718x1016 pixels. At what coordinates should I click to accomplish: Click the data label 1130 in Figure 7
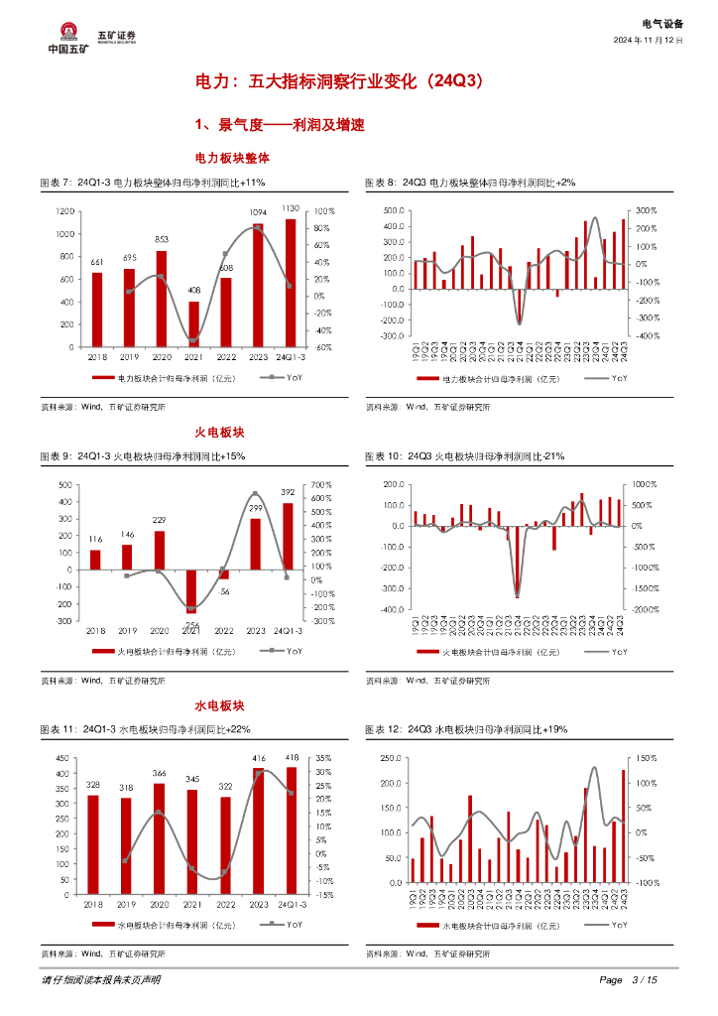point(291,208)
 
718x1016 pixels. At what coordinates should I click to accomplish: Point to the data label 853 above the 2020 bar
point(162,239)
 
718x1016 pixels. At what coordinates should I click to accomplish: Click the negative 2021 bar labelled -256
point(193,589)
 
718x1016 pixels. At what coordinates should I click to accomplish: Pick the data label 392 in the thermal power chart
point(288,492)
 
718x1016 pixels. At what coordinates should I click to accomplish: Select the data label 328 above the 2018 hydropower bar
point(93,784)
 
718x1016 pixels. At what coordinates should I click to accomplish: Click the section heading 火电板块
point(219,432)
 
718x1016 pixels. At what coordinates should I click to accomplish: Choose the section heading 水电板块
point(219,705)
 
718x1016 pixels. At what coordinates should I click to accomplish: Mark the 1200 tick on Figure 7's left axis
point(65,211)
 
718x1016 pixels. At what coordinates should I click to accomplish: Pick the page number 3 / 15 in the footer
point(644,980)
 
